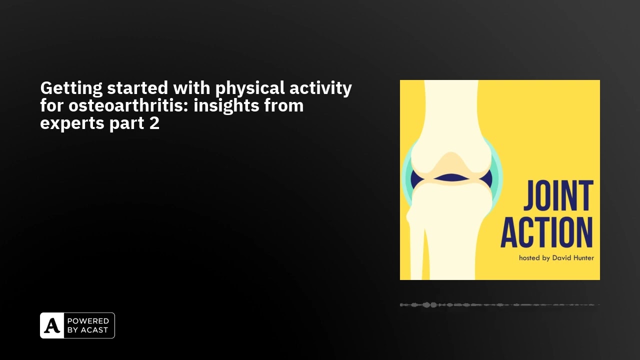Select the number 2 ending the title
154,123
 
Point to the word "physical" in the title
250,88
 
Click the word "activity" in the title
320,88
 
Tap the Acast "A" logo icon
52,325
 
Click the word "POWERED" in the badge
88,321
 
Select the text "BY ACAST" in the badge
87,330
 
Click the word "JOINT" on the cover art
558,195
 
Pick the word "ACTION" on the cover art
546,232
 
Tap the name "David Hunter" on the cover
573,257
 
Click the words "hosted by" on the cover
534,258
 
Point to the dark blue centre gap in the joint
451,177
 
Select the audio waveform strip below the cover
499,305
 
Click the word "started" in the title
137,88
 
